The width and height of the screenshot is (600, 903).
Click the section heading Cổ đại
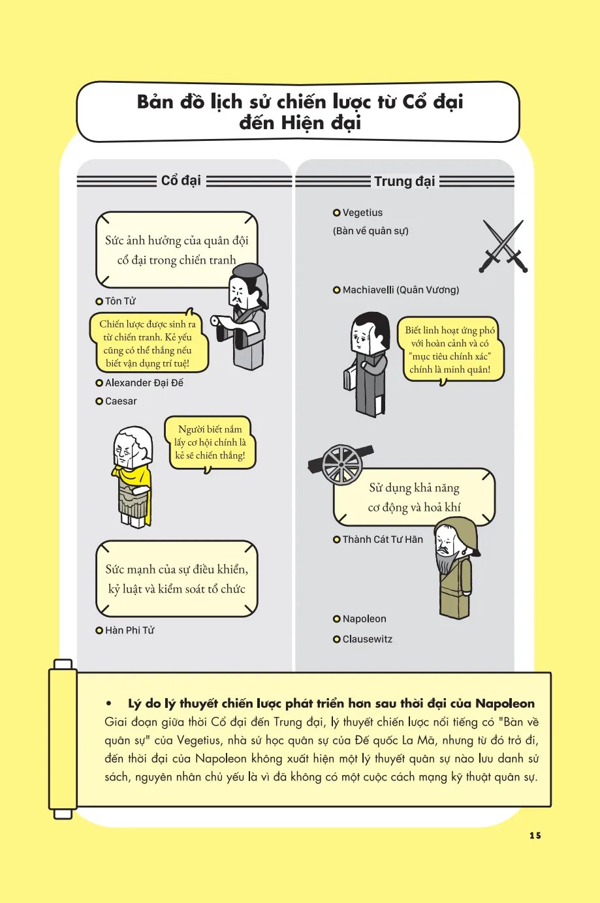pyautogui.click(x=181, y=181)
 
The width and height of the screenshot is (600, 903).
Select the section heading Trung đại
pyautogui.click(x=405, y=181)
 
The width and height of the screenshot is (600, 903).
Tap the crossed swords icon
pyautogui.click(x=503, y=246)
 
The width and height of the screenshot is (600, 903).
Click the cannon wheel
pyautogui.click(x=341, y=465)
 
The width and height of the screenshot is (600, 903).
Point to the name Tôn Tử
pyautogui.click(x=120, y=301)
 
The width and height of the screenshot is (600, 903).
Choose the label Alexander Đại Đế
pyautogui.click(x=144, y=382)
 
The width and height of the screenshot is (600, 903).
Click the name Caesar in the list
pyautogui.click(x=121, y=401)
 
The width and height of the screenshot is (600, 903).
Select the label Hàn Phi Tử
pyautogui.click(x=129, y=630)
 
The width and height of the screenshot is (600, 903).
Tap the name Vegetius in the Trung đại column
pyautogui.click(x=362, y=213)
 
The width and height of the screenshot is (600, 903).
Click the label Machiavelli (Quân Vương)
pyautogui.click(x=401, y=290)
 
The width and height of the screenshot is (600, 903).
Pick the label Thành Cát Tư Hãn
pyautogui.click(x=383, y=540)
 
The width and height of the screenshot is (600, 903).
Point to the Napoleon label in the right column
pyautogui.click(x=364, y=619)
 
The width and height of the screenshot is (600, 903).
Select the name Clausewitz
pyautogui.click(x=367, y=639)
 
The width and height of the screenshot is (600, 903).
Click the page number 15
pyautogui.click(x=535, y=836)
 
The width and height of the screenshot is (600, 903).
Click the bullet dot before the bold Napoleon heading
pyautogui.click(x=108, y=703)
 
